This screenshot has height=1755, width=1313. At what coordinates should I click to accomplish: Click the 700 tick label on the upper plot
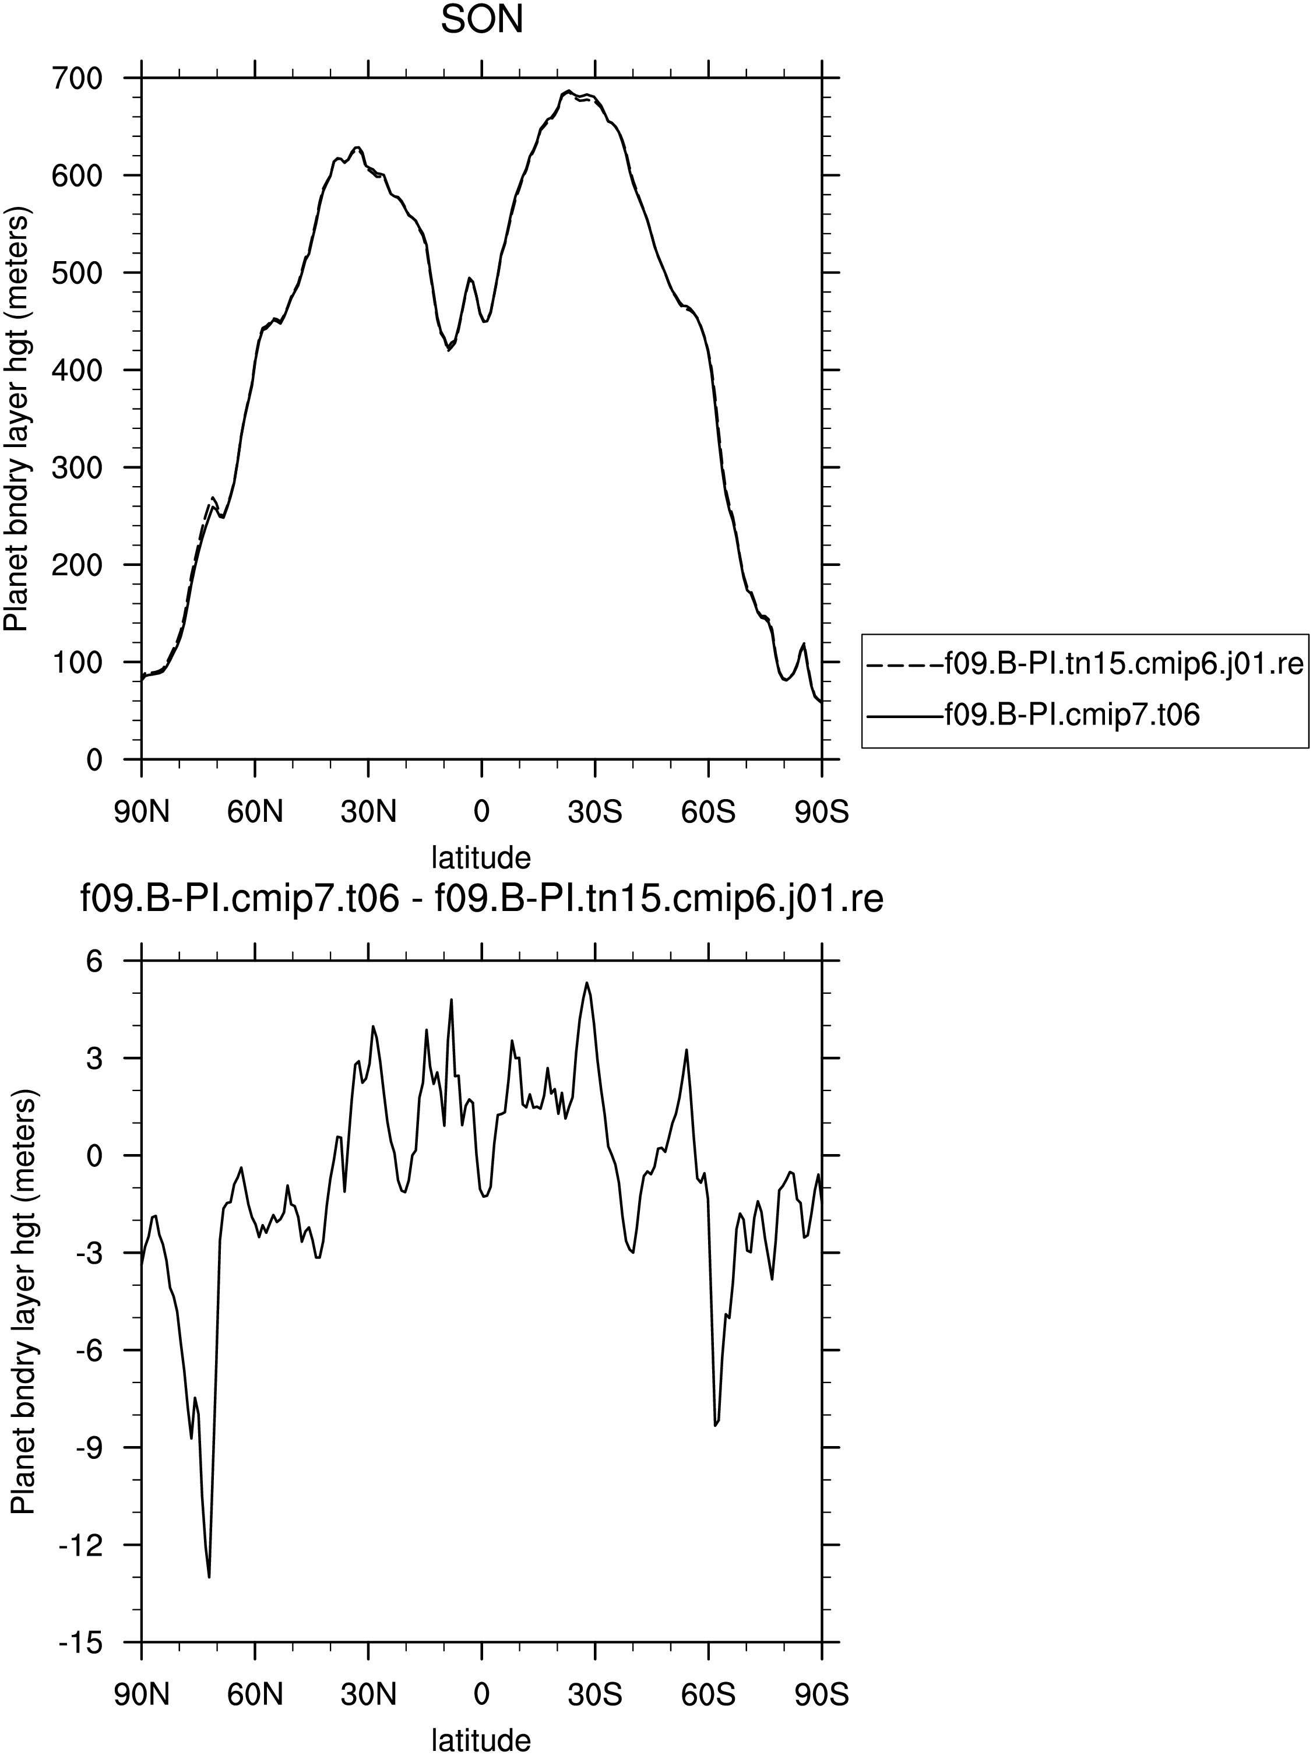[78, 79]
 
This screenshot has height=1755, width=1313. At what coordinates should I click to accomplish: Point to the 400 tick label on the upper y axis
[78, 370]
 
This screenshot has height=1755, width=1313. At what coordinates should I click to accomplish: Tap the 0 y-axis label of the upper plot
[94, 759]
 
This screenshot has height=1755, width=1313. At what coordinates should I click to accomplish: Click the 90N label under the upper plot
[142, 813]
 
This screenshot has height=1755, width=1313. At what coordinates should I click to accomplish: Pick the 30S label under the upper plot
[595, 813]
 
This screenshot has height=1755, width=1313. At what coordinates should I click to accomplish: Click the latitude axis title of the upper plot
[481, 857]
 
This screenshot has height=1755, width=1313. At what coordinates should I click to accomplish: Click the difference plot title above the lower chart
[481, 900]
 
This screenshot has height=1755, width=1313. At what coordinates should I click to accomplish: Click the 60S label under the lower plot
[709, 1696]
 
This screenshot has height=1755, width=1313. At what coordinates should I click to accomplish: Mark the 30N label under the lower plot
[368, 1696]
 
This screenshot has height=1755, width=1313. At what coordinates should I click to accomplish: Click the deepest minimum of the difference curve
[209, 1577]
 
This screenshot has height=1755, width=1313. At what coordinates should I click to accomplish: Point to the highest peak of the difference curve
[586, 982]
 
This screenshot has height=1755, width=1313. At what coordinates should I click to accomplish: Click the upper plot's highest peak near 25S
[568, 92]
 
